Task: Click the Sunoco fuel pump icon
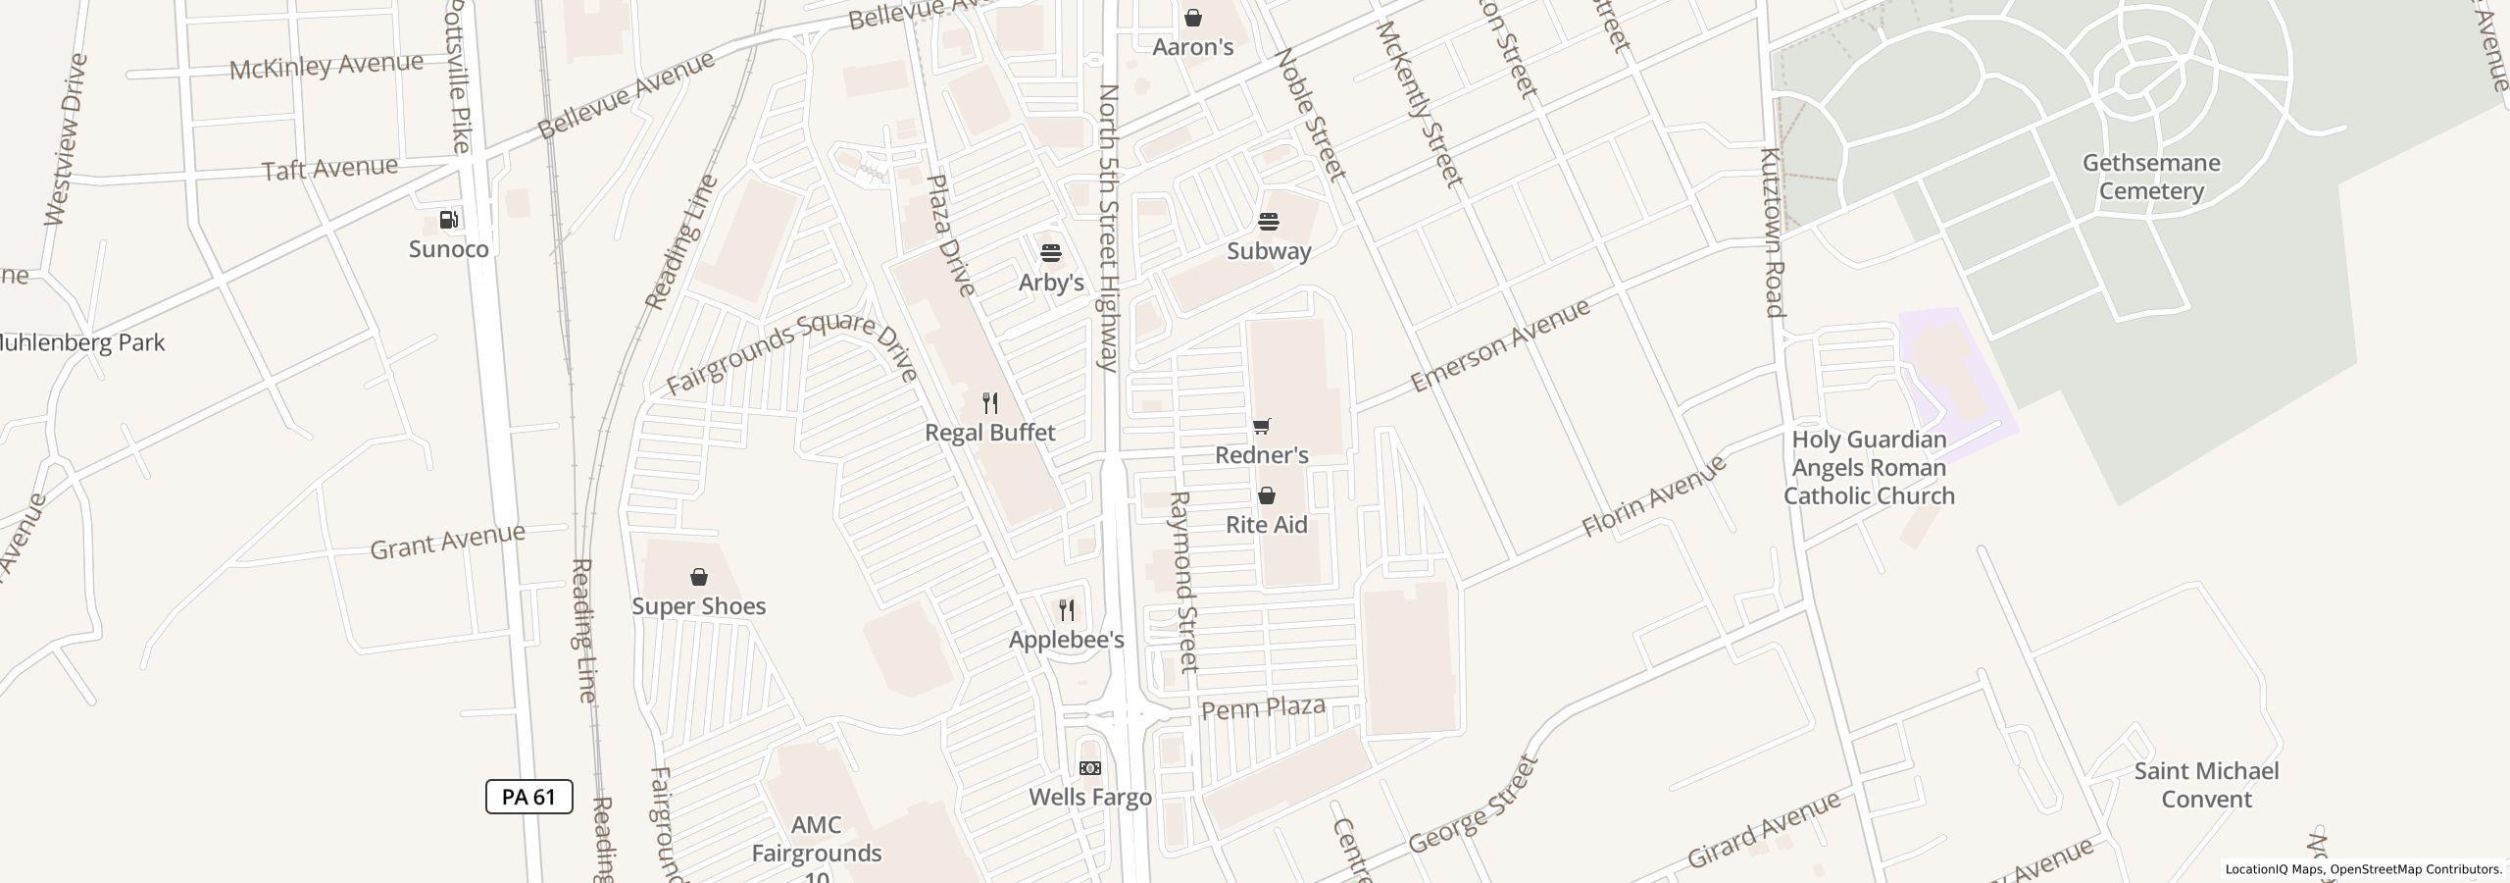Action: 449,220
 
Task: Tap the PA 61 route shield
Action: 528,797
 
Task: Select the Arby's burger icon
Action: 1051,253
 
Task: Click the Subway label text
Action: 1269,251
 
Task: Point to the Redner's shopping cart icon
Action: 1262,426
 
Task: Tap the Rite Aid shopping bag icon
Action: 1267,495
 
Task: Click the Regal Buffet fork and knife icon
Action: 990,403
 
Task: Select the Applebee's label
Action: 1066,640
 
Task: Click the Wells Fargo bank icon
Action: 1090,768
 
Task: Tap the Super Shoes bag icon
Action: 699,577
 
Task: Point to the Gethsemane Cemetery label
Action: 2151,177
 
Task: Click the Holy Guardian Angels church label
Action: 1869,468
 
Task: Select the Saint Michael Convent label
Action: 2206,785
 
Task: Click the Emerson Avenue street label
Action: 1500,346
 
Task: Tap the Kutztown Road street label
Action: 1772,233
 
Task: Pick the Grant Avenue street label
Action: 447,542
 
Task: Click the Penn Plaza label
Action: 1263,708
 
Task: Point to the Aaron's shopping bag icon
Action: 1193,18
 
